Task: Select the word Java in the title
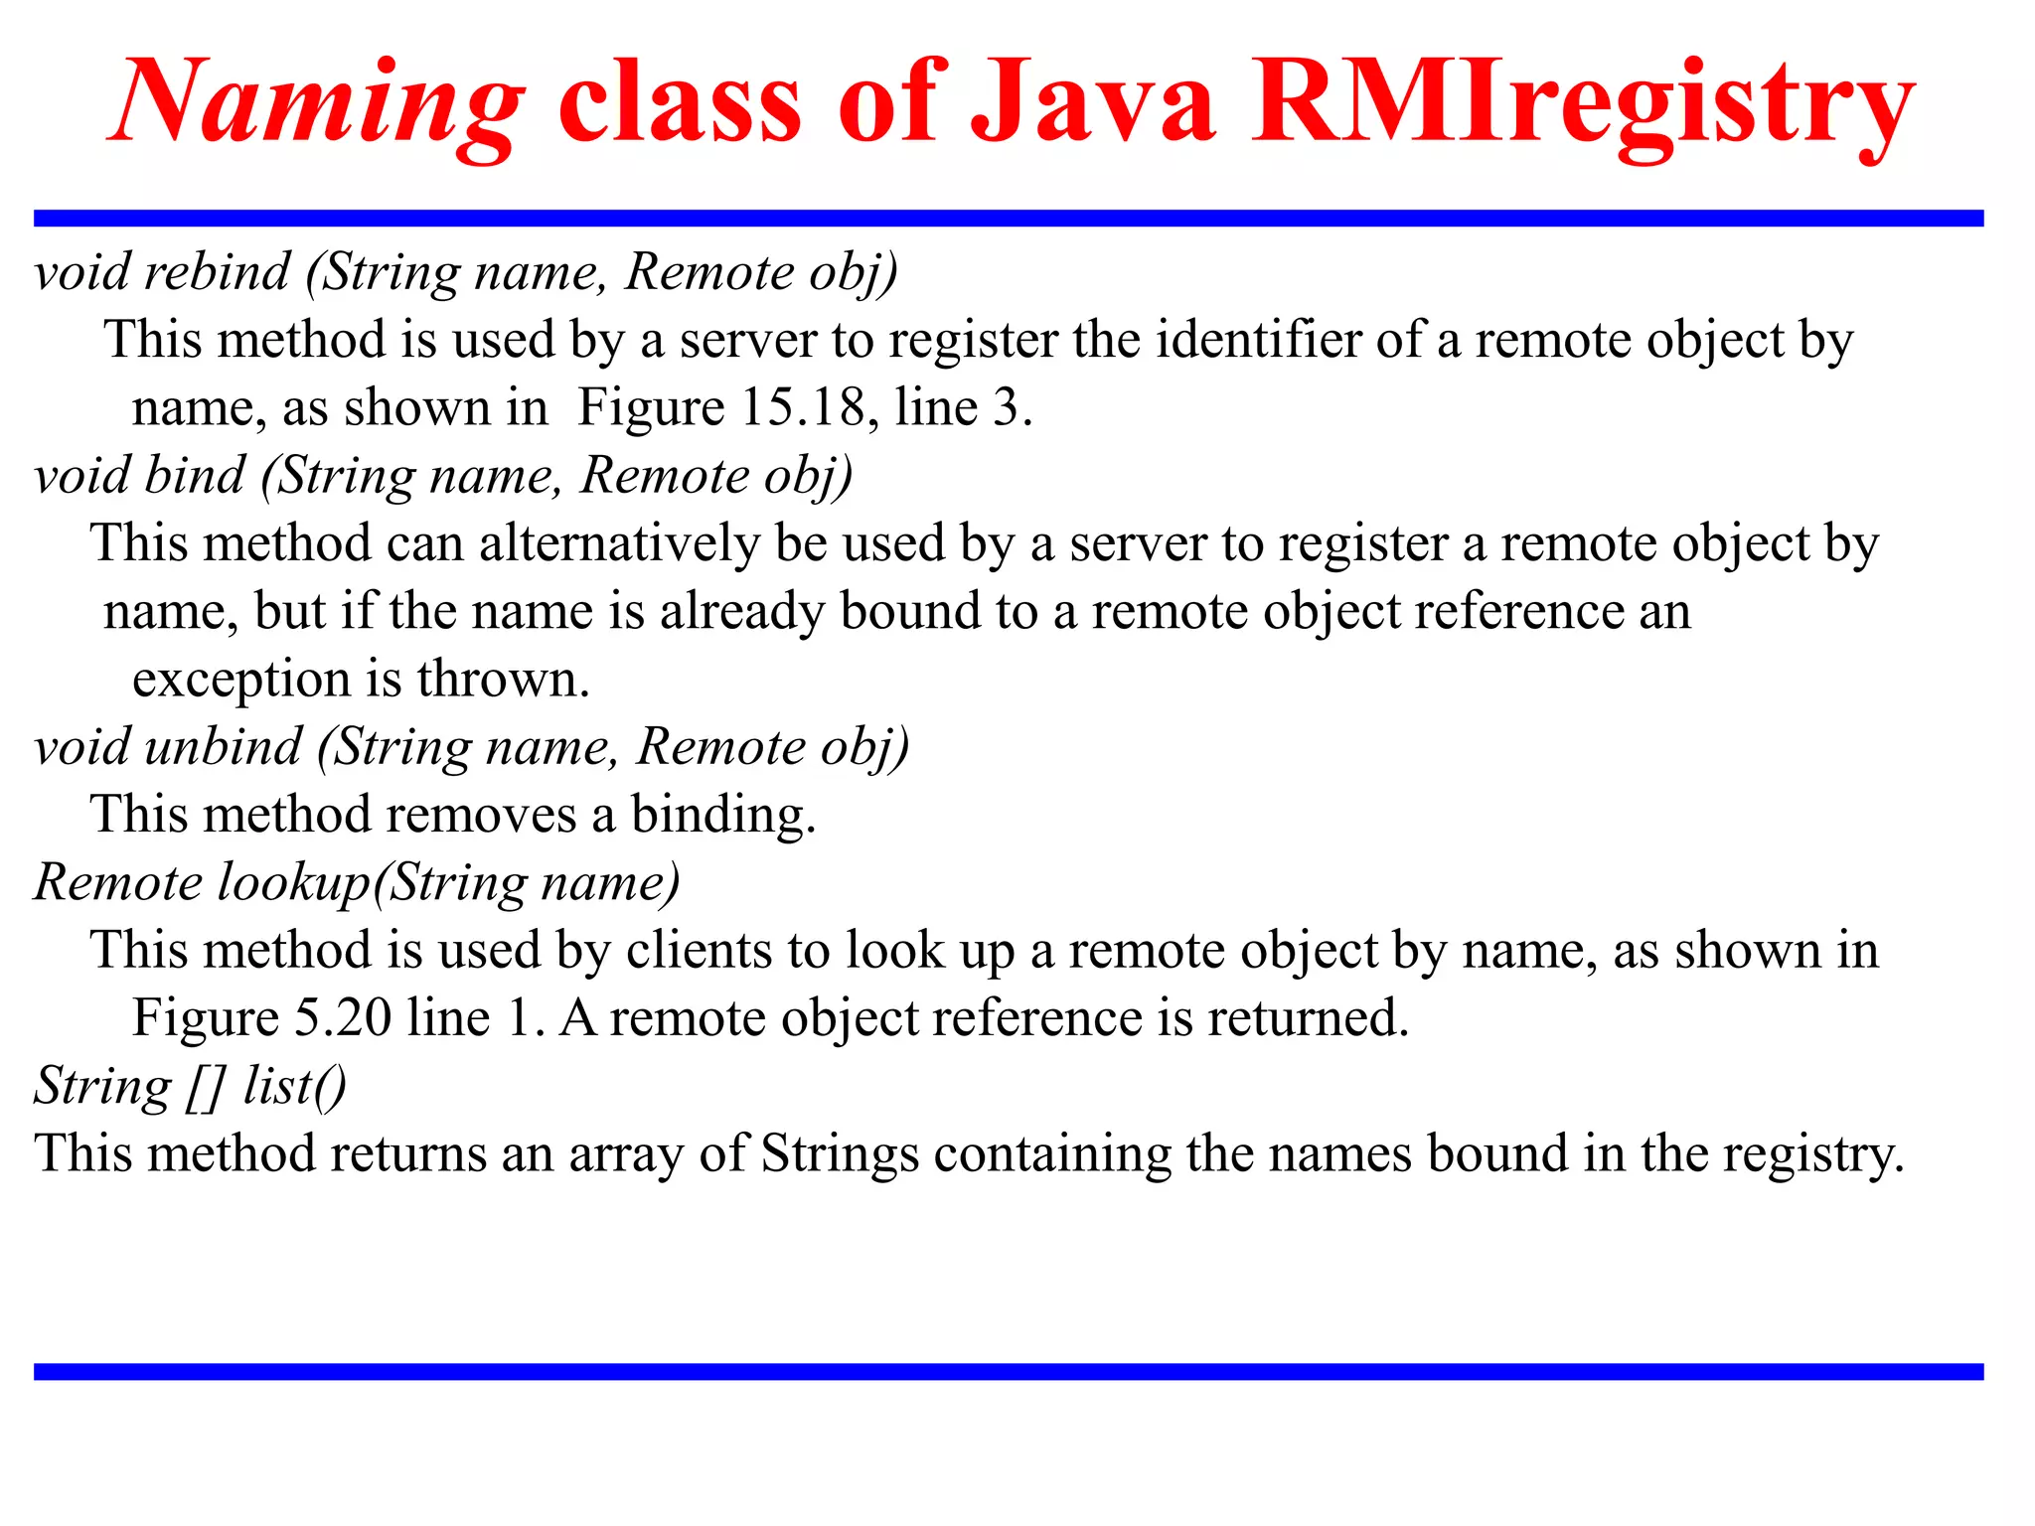coord(1092,102)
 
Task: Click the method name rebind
coord(217,272)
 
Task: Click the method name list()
coord(295,1086)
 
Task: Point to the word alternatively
coord(619,544)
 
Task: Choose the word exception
coord(241,681)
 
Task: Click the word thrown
coord(503,681)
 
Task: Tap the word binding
coord(723,816)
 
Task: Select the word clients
coord(699,951)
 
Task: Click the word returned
coord(1308,1018)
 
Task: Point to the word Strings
coord(840,1154)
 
